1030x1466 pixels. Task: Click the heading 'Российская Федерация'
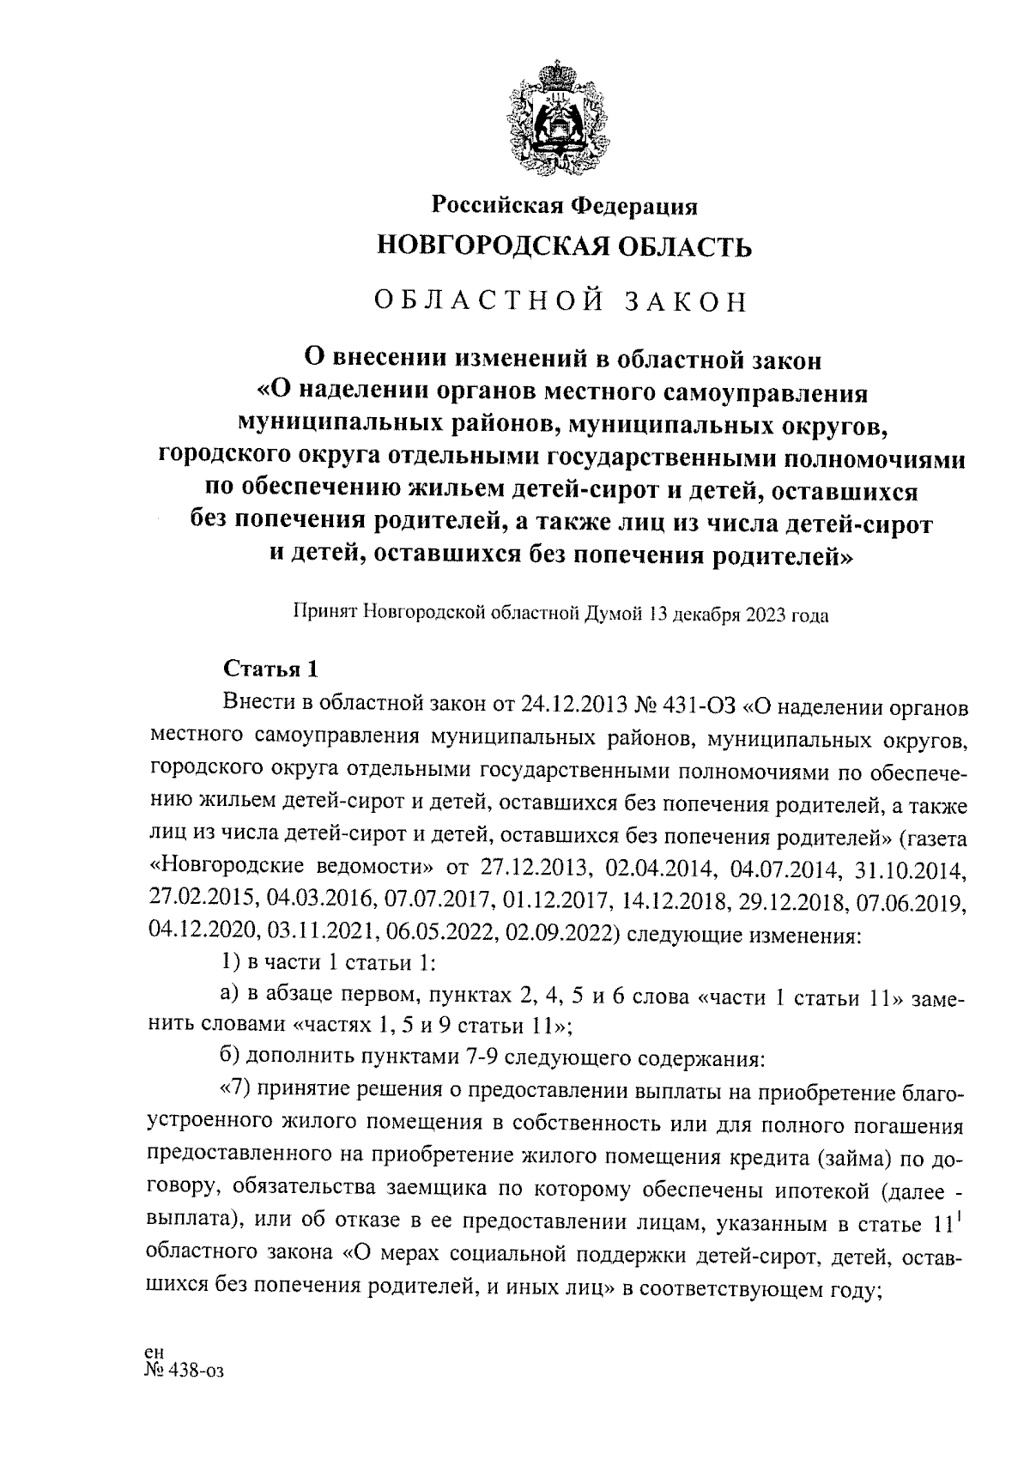[563, 206]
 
